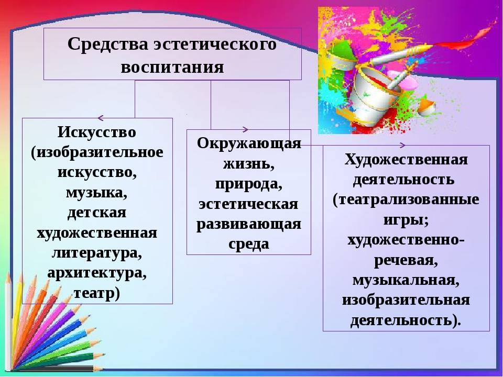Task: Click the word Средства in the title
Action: click(x=108, y=43)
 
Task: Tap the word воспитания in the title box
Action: click(x=172, y=68)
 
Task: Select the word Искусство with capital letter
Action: click(x=97, y=132)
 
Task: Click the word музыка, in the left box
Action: click(x=97, y=193)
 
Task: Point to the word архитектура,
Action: click(x=97, y=273)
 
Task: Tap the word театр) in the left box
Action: click(x=97, y=293)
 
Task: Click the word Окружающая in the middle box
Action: click(x=249, y=143)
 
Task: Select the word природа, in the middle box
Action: click(x=248, y=184)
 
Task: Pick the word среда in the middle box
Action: click(x=248, y=243)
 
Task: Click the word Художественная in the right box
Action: click(x=406, y=159)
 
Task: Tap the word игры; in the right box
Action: click(x=406, y=220)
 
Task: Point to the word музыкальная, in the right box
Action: click(x=406, y=280)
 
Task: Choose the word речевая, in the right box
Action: click(x=406, y=260)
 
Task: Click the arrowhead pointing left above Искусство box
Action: click(x=101, y=118)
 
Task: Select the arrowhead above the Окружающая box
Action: click(x=245, y=129)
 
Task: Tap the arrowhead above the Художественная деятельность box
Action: click(x=402, y=145)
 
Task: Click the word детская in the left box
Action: click(x=97, y=213)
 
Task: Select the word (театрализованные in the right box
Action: click(x=406, y=199)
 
